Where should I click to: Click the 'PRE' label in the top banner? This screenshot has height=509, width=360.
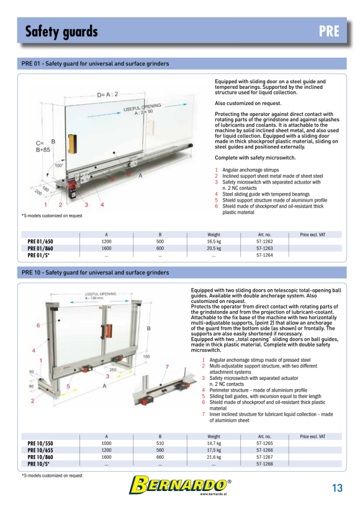[329, 31]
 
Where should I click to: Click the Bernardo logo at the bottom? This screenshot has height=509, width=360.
[180, 485]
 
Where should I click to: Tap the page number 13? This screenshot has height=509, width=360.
[337, 488]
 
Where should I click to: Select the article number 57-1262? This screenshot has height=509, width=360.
[264, 241]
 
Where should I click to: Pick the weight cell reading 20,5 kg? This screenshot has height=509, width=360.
[214, 248]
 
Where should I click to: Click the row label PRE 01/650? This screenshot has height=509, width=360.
[40, 241]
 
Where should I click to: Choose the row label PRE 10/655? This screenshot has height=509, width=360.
[40, 450]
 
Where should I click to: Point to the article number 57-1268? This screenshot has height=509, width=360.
[264, 464]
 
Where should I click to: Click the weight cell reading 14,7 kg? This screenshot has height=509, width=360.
[214, 443]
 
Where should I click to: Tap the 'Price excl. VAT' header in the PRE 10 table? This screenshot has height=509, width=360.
[312, 436]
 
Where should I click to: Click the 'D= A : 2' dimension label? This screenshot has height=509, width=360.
[107, 94]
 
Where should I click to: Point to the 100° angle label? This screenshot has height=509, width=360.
[59, 166]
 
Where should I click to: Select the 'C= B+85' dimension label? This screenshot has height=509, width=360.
[43, 146]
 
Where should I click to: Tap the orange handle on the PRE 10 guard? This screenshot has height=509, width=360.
[109, 331]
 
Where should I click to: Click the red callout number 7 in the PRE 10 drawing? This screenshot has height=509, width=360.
[167, 367]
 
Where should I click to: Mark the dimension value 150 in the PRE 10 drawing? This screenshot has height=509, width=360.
[146, 356]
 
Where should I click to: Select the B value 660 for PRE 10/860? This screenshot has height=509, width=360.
[160, 457]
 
